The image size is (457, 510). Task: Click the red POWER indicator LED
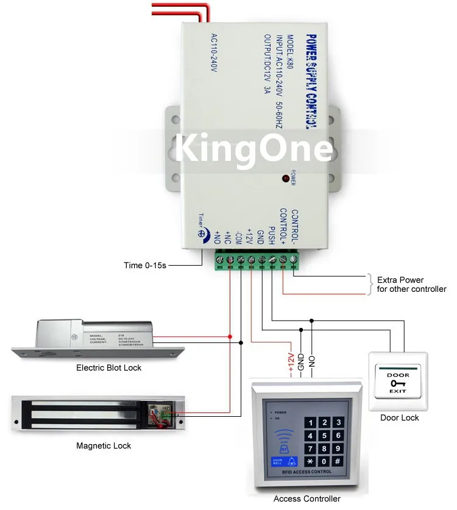[x=285, y=179]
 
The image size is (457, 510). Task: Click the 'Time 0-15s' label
[x=144, y=266]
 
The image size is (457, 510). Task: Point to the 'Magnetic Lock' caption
[x=104, y=445]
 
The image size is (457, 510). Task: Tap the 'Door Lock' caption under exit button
[x=399, y=417]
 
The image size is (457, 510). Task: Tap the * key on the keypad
[x=310, y=461]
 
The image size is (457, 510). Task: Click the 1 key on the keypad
[x=310, y=423]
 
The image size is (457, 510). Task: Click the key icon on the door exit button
[x=399, y=383]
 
